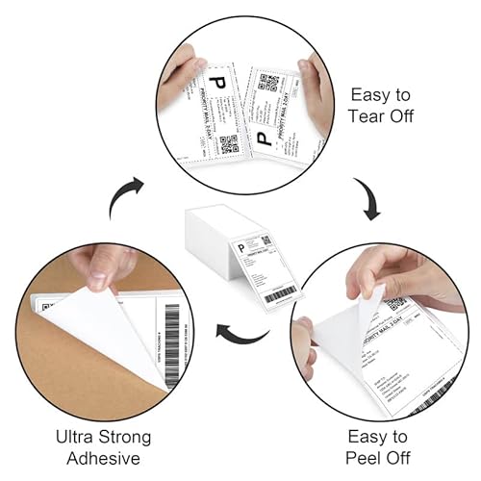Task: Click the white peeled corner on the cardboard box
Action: (x=101, y=327)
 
